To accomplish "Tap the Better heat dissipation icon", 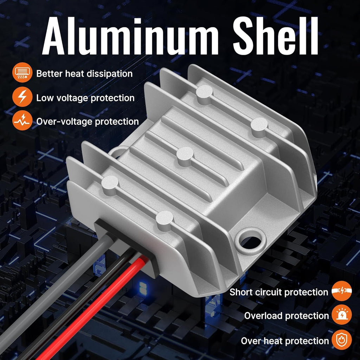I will click(x=22, y=74).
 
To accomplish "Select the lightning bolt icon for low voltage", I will click(x=22, y=97).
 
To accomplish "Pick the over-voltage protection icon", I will click(x=22, y=121).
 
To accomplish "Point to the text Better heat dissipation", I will click(x=84, y=74).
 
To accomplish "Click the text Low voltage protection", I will click(x=85, y=98).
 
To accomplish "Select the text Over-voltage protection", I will click(x=88, y=122).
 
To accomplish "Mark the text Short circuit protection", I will click(x=278, y=292).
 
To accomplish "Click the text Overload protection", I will click(x=286, y=316).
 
